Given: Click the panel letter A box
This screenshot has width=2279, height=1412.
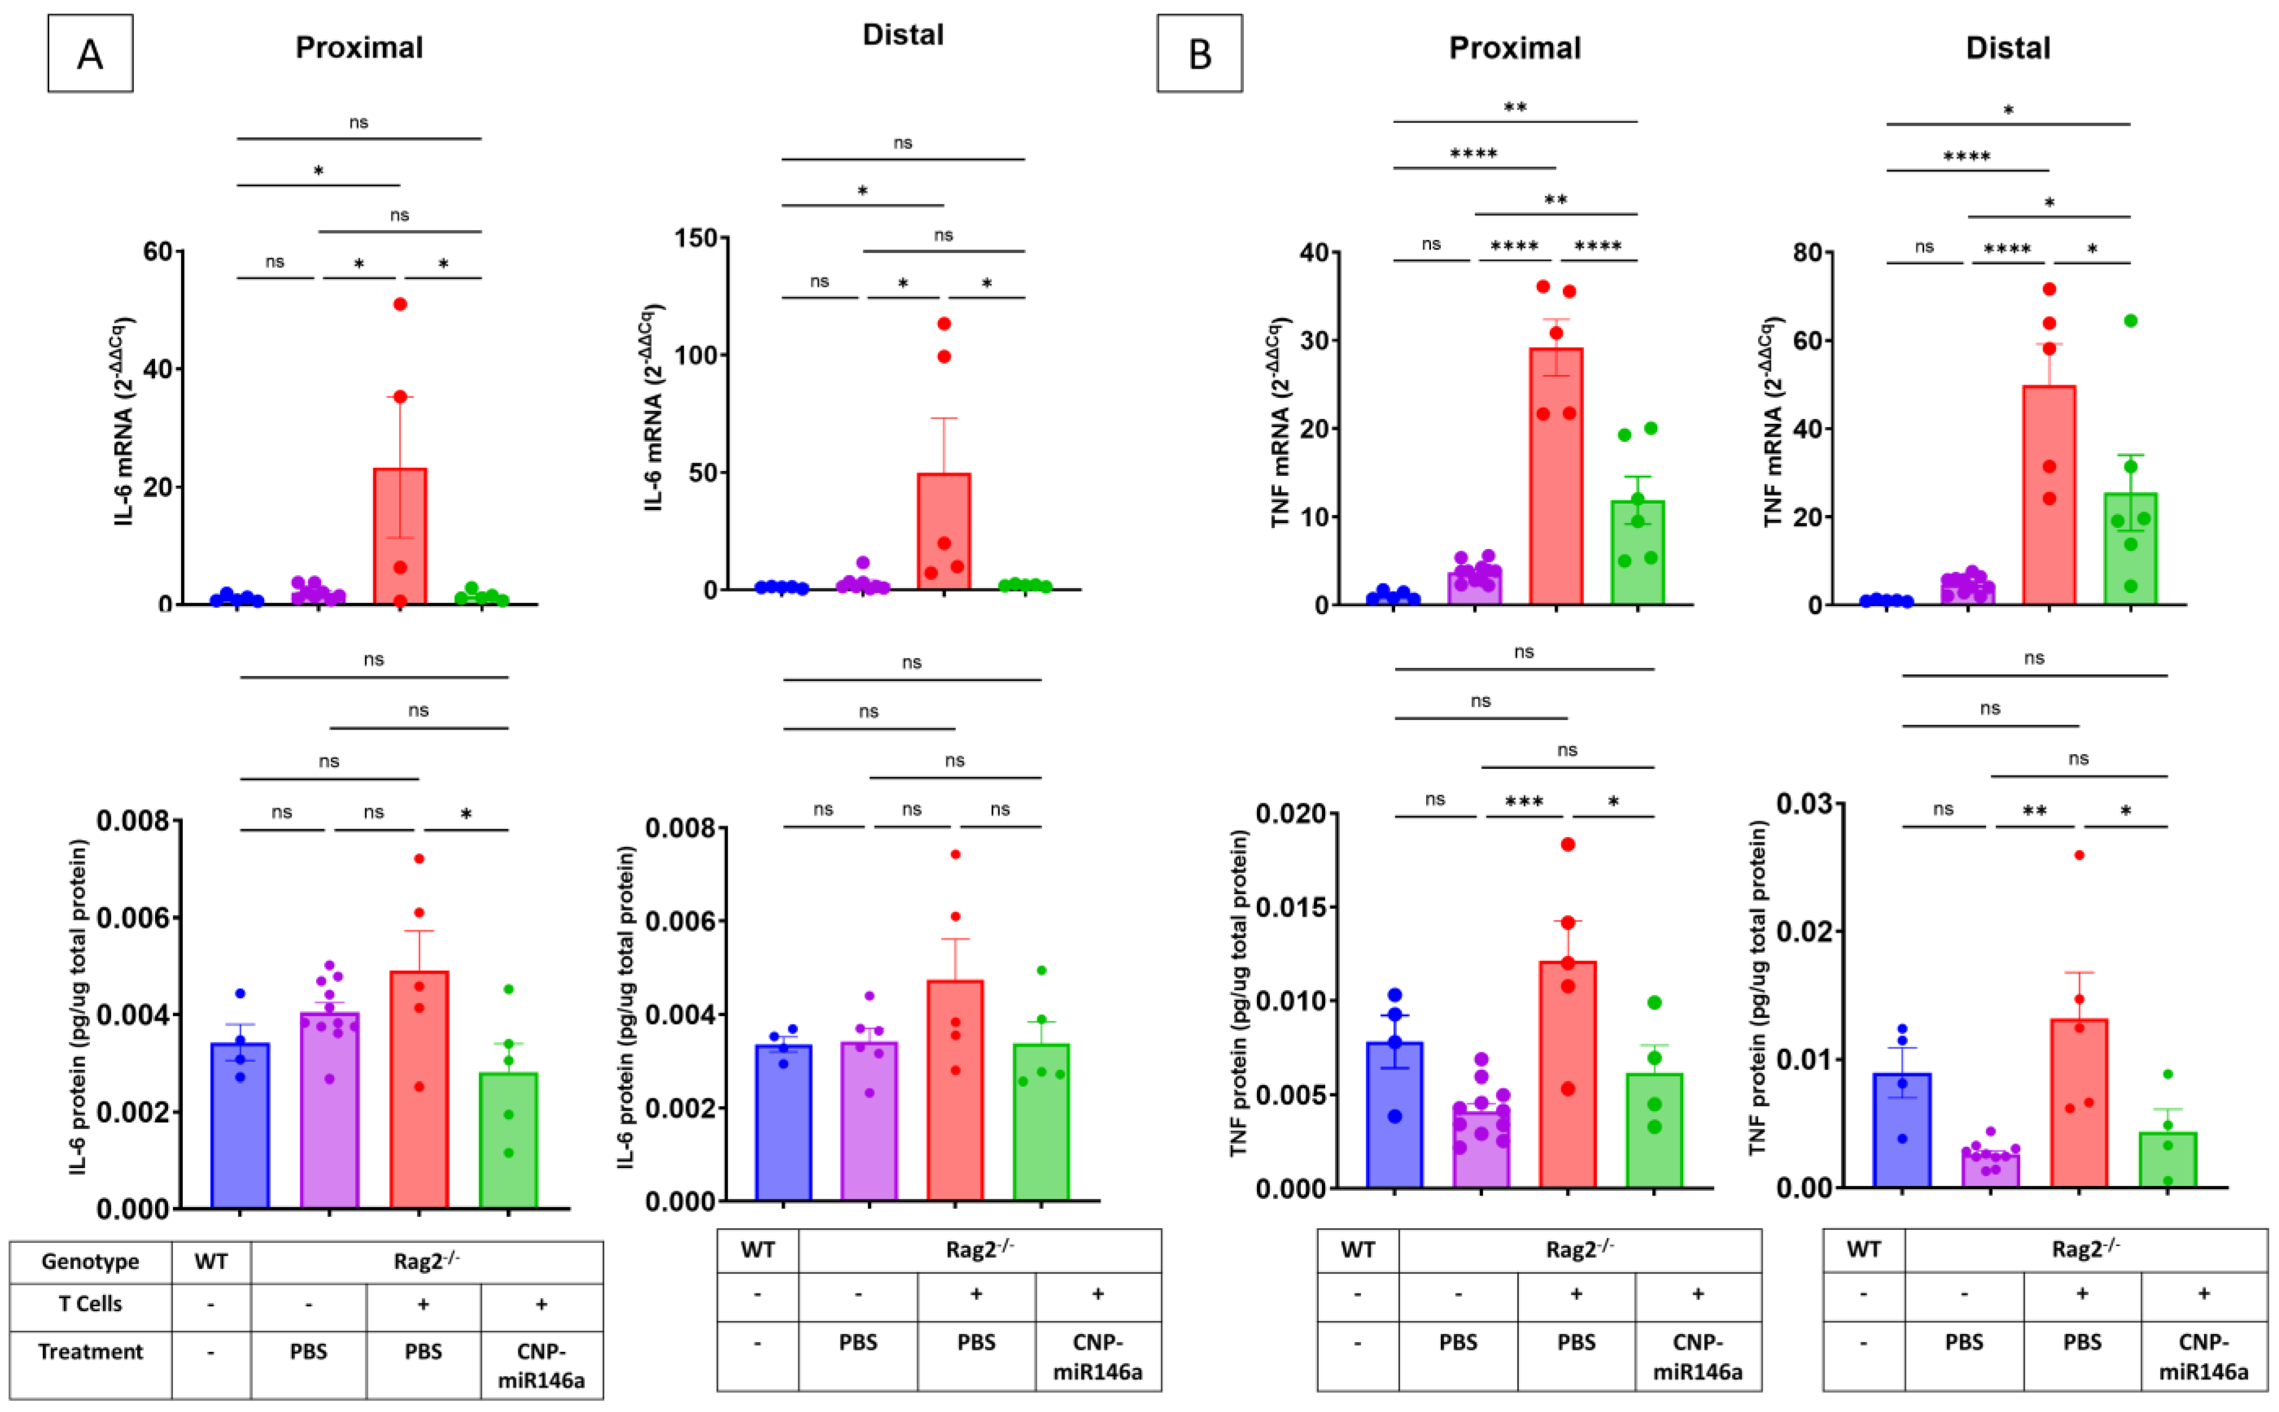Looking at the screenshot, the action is click(91, 53).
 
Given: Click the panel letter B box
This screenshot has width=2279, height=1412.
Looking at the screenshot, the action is click(1199, 53).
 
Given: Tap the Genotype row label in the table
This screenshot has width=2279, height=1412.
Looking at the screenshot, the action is click(91, 1262).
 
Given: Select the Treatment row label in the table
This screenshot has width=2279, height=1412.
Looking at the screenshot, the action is click(91, 1351).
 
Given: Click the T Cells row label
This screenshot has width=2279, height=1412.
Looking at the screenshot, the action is click(91, 1304).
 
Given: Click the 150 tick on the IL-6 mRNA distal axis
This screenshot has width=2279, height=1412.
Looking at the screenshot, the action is click(696, 238).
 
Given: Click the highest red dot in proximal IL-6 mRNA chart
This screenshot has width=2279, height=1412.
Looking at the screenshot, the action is click(400, 304).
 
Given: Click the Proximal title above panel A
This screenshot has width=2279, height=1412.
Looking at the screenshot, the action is click(359, 48).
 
